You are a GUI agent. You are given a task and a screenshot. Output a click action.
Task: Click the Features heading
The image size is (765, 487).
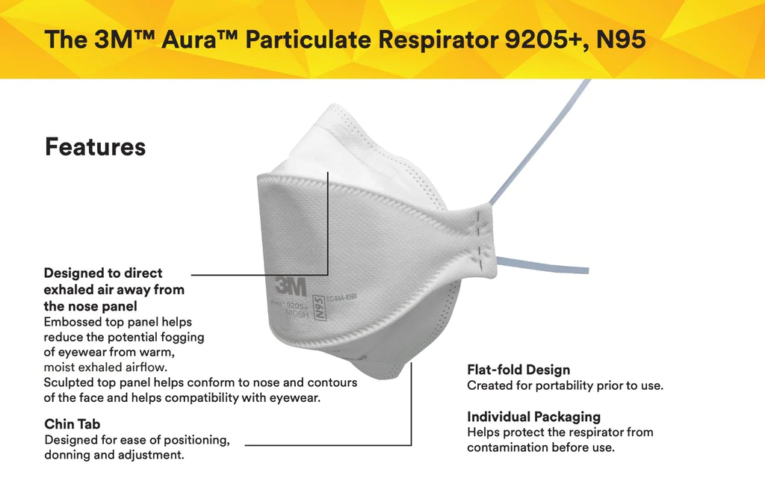(95, 147)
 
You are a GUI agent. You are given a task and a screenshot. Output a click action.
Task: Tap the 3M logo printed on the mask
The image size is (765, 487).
(291, 286)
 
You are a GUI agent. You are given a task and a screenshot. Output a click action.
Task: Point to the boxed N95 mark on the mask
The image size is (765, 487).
(319, 308)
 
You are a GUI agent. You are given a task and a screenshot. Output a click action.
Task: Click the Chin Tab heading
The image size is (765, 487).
(72, 424)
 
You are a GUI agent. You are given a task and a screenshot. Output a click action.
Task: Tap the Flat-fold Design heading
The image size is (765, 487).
(518, 370)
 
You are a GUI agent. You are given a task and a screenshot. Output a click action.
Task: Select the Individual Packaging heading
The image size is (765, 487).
(533, 417)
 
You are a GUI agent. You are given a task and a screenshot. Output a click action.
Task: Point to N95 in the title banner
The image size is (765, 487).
(621, 40)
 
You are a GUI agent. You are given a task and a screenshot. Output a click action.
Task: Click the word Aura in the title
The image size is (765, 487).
(188, 40)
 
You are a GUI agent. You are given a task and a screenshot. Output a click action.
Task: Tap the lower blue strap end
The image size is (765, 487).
(585, 270)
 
